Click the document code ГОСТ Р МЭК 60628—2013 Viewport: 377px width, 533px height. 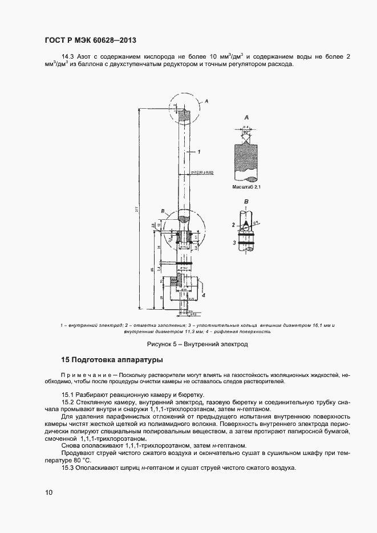[x=90, y=40]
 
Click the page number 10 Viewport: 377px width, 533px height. [x=48, y=493]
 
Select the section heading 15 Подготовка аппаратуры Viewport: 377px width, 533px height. [x=112, y=360]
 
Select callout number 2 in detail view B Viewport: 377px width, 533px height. [x=233, y=225]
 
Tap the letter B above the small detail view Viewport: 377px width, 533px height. [x=246, y=202]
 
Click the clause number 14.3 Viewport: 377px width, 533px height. [x=68, y=56]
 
